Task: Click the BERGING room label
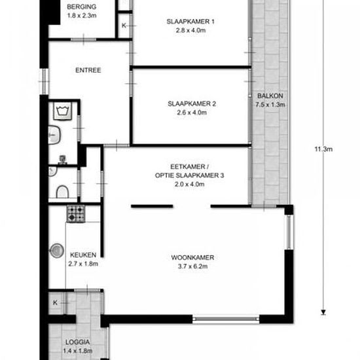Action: [x=82, y=7]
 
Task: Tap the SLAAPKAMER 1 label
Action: [x=190, y=22]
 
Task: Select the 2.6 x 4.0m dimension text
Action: [x=192, y=113]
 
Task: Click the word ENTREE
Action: [x=88, y=70]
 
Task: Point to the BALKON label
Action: [x=270, y=96]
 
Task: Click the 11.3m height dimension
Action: [x=323, y=149]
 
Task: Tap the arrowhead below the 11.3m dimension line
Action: [x=323, y=312]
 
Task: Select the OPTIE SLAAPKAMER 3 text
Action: [x=189, y=175]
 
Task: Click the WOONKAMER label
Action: [x=192, y=257]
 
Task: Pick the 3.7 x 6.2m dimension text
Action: [x=192, y=266]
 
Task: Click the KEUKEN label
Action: [x=83, y=255]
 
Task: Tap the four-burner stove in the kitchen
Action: [x=76, y=214]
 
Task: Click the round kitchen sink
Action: [x=57, y=251]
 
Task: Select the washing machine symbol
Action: [x=62, y=111]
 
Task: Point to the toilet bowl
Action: [x=62, y=192]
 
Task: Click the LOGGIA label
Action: [x=78, y=342]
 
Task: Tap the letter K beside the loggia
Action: [x=55, y=302]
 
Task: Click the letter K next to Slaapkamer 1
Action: [x=124, y=26]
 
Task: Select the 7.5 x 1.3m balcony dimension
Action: [x=270, y=105]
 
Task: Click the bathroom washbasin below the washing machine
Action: [x=54, y=135]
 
